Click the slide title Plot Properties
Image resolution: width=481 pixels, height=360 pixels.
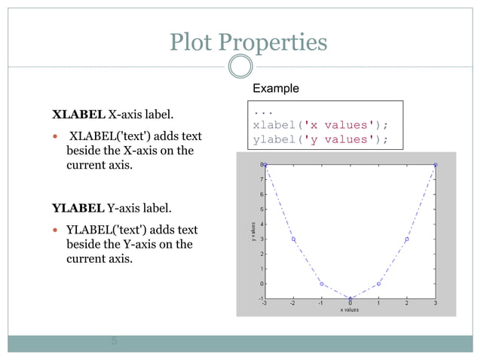[248, 42]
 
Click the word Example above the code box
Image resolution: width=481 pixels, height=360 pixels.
[275, 88]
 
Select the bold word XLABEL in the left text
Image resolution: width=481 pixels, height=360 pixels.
[78, 114]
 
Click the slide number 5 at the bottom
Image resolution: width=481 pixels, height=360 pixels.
[114, 341]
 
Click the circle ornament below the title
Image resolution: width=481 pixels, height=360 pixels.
[240, 67]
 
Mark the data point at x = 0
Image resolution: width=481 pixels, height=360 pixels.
[351, 298]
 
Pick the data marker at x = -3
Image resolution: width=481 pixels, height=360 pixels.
[265, 164]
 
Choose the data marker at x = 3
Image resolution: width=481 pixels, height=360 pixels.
[436, 164]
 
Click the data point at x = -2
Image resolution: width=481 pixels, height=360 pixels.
[293, 239]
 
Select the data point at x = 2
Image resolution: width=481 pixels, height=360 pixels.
[407, 239]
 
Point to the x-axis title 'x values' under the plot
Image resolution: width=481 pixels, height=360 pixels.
[351, 310]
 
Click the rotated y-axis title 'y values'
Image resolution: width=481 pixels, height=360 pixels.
[253, 231]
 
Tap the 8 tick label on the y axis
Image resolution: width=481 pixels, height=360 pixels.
[261, 164]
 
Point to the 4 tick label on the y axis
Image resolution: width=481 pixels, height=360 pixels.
[261, 224]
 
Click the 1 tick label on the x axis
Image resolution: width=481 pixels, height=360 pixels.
[378, 304]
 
